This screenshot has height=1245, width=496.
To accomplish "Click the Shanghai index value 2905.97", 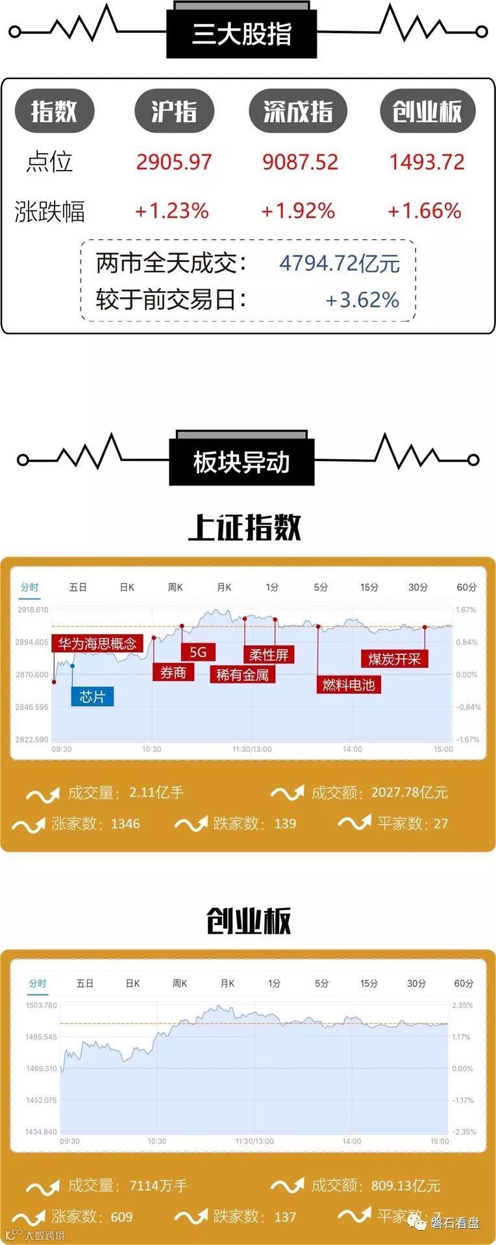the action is [x=174, y=161].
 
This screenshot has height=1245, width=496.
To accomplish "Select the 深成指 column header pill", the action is [x=298, y=112].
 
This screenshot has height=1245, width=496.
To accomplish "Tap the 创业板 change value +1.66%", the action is [x=425, y=211].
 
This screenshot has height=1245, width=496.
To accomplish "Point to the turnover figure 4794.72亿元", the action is [x=340, y=263].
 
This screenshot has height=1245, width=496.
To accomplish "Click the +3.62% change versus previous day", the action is [x=362, y=300].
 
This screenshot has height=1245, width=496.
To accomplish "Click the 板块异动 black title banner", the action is [x=242, y=462].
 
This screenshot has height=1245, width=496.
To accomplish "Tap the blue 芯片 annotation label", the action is [x=92, y=696].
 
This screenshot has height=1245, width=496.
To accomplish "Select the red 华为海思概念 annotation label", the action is [x=97, y=643].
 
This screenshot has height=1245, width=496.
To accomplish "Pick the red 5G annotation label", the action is [x=197, y=652].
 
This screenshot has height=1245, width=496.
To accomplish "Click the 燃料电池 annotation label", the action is [x=349, y=685].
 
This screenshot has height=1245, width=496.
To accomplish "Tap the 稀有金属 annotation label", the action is [x=242, y=674].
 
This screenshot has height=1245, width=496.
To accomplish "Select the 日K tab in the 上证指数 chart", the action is [x=127, y=587].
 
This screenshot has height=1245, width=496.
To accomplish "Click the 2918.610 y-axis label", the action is [x=33, y=610].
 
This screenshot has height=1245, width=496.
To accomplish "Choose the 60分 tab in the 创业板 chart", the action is [x=464, y=983].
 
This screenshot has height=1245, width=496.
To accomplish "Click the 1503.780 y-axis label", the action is [x=42, y=1005].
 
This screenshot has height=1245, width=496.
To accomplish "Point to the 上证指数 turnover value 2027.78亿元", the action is [x=409, y=792].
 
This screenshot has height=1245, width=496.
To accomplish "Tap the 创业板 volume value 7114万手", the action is [x=158, y=1186].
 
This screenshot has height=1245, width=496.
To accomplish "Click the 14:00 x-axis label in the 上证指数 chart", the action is [x=352, y=749].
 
